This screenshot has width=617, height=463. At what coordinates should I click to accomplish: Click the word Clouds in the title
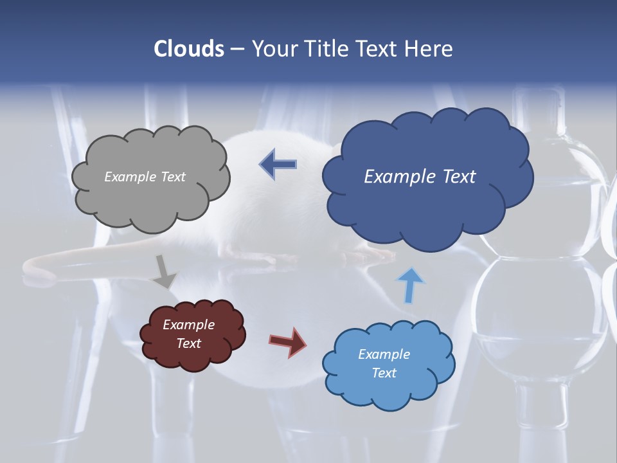point(189,49)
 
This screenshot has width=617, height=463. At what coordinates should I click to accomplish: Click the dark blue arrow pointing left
point(278,165)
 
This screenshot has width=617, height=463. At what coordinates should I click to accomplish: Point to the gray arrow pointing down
point(165,272)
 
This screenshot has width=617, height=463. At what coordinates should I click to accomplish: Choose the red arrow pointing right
point(288,341)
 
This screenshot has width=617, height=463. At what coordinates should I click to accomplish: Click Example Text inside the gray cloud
point(145,177)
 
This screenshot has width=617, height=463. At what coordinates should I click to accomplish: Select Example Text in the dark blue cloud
point(420,177)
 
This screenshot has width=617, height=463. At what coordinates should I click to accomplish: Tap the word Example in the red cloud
point(188,325)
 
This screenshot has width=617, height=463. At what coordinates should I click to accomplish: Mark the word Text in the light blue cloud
point(384,373)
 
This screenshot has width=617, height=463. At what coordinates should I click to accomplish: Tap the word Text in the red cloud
point(188,343)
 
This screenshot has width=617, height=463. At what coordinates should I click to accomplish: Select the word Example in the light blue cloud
point(384,354)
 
